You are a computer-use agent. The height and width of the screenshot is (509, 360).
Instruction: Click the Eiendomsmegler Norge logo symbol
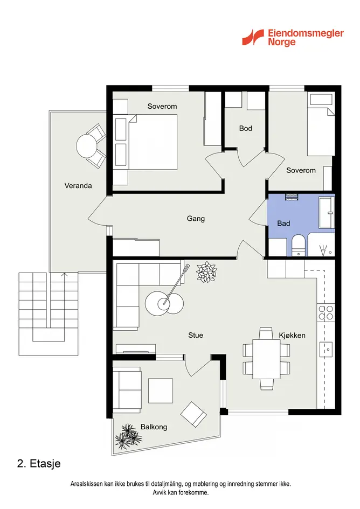[253, 37]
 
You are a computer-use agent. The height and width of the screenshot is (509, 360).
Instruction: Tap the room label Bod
[246, 128]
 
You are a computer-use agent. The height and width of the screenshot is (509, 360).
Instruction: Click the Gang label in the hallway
[196, 219]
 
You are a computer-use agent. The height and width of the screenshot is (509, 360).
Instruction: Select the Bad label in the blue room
[283, 224]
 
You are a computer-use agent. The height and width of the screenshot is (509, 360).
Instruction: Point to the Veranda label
[78, 186]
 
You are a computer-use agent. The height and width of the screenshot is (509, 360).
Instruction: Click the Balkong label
[154, 427]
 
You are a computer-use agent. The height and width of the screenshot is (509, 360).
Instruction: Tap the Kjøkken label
[292, 336]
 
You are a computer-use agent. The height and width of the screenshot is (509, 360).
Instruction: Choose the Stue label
[196, 336]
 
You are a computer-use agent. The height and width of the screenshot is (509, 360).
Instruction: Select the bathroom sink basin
[327, 213]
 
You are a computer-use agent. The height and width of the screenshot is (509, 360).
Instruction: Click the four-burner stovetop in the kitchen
[326, 312]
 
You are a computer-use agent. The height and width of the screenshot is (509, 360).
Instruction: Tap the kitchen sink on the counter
[327, 349]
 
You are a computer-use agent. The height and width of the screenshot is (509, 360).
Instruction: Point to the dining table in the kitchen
[266, 359]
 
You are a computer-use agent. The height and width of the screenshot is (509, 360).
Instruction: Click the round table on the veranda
[86, 146]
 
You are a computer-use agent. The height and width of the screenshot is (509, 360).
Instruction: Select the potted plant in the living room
[206, 272]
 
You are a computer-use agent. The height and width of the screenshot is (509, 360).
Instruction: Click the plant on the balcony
[128, 436]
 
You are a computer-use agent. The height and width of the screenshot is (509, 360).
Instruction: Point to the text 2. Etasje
[39, 463]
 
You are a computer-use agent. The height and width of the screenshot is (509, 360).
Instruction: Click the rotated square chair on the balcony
[193, 414]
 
